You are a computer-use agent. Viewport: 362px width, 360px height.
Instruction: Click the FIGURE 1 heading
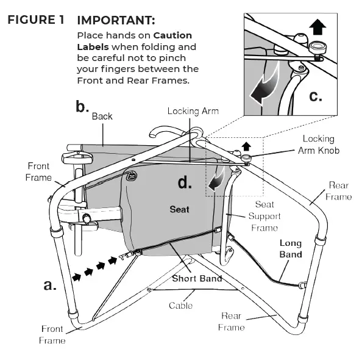click(35, 20)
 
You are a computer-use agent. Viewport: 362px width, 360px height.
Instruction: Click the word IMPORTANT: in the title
click(116, 20)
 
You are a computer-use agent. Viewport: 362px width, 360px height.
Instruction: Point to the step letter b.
click(82, 107)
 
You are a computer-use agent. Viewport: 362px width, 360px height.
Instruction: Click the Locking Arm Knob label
click(322, 144)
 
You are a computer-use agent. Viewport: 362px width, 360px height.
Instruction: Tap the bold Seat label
click(179, 209)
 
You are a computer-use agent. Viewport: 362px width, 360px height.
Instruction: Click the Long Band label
click(290, 248)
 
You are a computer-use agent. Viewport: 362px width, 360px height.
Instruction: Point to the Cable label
click(181, 305)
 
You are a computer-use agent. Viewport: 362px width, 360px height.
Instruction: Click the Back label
click(102, 117)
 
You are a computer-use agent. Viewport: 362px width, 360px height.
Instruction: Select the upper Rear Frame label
click(338, 190)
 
